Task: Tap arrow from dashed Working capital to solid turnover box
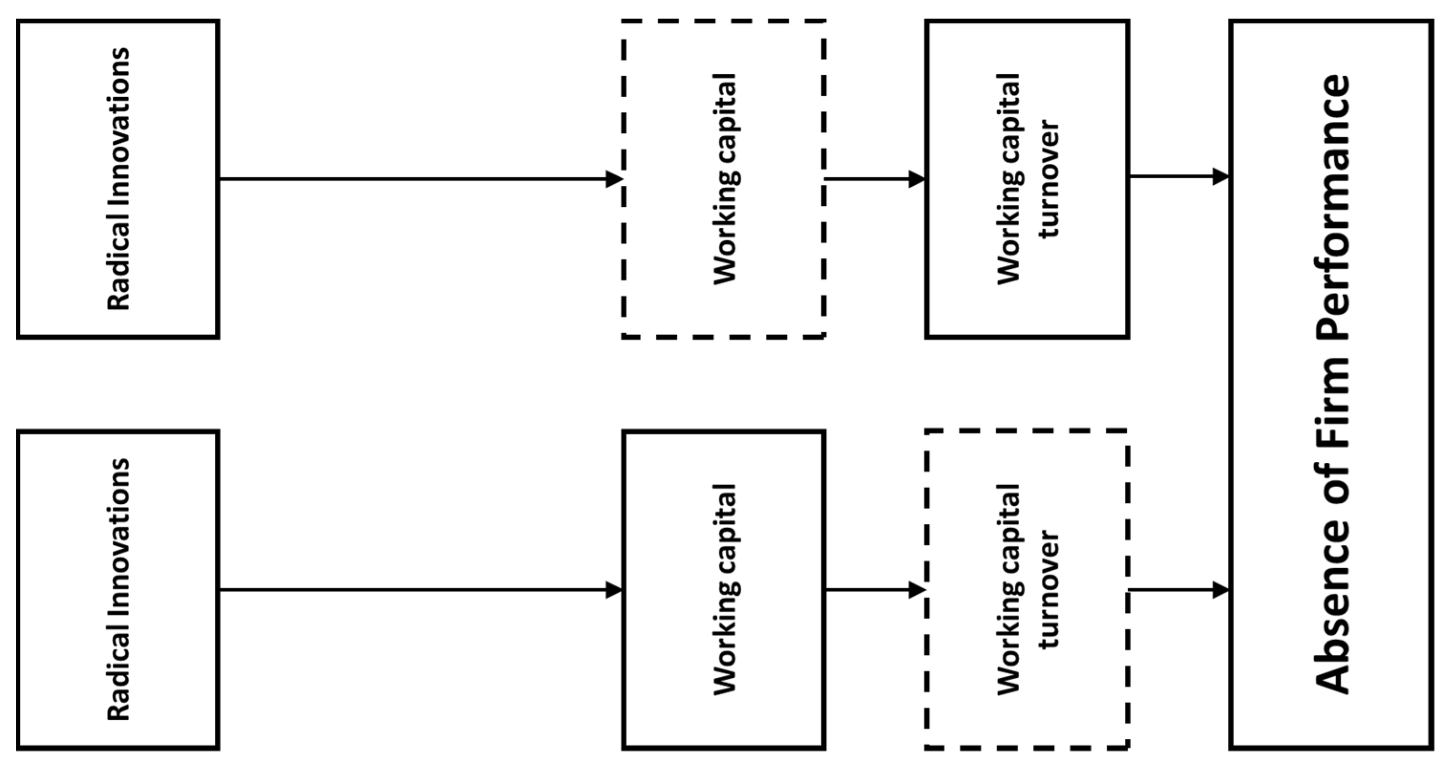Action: (874, 180)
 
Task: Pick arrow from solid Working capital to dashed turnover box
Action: (874, 590)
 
